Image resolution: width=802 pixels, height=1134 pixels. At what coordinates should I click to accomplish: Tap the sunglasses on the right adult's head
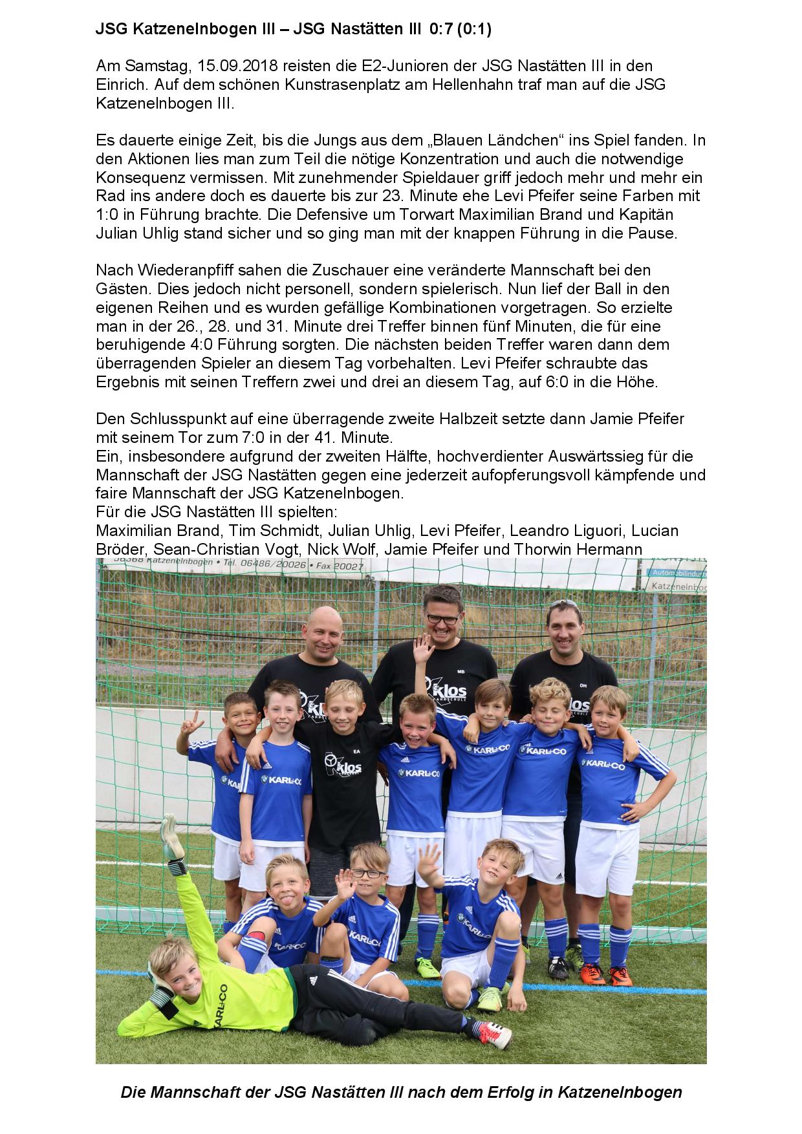(x=564, y=604)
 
